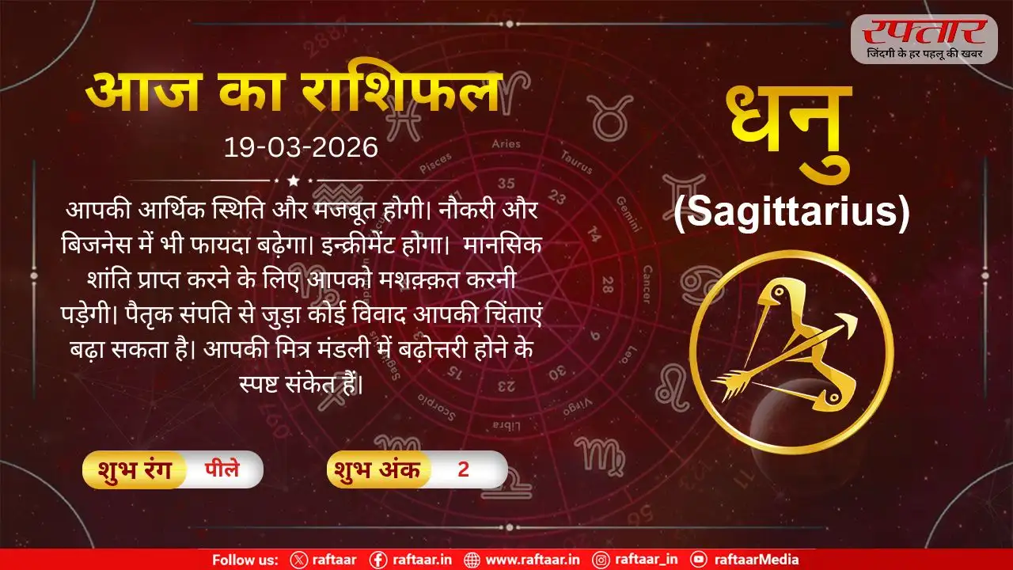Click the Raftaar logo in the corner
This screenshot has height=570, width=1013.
[x=924, y=38]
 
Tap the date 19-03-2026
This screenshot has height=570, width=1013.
[x=301, y=148]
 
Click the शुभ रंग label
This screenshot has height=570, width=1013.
[x=132, y=469]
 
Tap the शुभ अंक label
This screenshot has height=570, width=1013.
[x=378, y=469]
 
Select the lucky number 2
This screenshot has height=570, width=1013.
[x=464, y=469]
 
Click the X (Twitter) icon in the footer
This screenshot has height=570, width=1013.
[x=298, y=560]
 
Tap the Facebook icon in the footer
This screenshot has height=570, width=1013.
[x=378, y=560]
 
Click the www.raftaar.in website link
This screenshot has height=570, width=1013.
[x=533, y=560]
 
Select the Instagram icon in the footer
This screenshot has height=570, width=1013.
[x=602, y=560]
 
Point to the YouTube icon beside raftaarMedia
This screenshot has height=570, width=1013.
[x=699, y=560]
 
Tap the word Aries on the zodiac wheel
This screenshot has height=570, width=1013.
[x=506, y=144]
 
